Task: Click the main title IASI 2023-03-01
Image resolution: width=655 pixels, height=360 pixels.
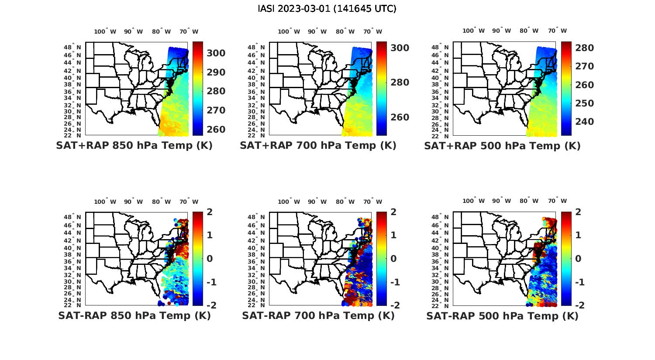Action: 327,9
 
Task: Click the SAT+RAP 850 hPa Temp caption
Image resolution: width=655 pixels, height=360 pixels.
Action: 134,145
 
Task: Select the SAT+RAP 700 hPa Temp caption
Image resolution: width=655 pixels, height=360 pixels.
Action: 318,145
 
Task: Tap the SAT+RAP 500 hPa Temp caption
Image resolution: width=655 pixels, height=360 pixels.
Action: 502,146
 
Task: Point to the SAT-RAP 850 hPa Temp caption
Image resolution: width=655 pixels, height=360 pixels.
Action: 134,315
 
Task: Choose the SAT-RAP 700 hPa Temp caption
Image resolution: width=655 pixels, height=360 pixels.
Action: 318,315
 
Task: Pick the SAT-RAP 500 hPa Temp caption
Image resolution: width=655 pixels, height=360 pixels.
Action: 502,316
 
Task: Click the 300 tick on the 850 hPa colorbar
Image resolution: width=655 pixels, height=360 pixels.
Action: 216,53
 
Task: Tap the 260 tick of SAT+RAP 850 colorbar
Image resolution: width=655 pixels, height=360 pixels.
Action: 216,130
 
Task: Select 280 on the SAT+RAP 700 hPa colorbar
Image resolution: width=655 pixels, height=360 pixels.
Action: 400,82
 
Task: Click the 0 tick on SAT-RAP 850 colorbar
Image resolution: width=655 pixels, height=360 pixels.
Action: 210,258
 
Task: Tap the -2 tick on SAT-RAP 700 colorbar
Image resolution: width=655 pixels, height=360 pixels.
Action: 394,305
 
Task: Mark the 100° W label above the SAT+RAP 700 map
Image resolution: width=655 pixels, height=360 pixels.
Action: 289,31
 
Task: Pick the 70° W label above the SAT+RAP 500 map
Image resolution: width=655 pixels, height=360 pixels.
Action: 557,31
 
